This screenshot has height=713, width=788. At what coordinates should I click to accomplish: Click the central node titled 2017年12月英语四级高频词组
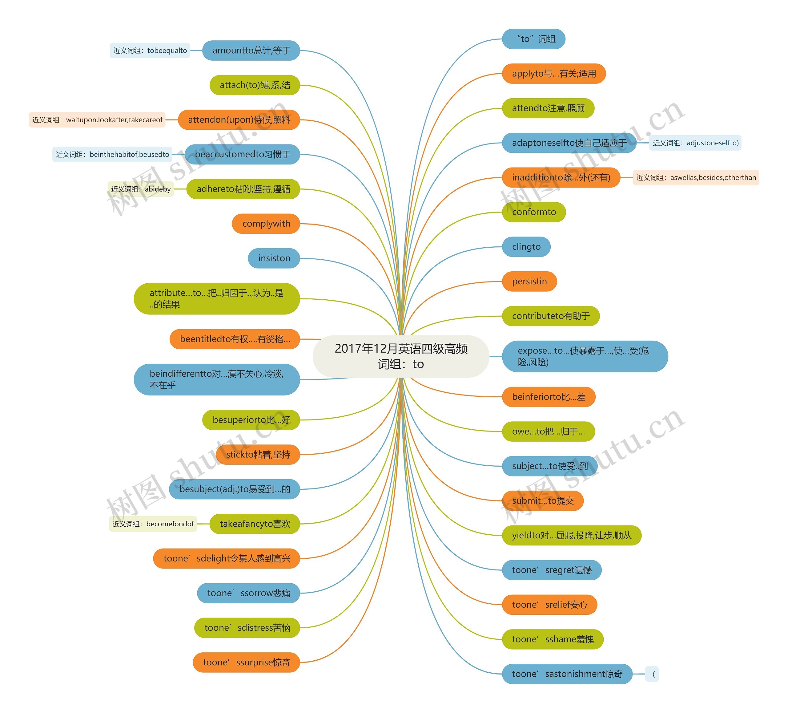[x=401, y=356]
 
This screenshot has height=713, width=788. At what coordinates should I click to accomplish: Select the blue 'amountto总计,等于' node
[x=251, y=51]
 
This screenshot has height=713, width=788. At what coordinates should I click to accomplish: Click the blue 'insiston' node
[x=274, y=258]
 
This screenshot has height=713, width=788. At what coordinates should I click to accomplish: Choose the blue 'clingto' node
[x=526, y=247]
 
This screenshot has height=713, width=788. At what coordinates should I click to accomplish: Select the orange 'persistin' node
[x=529, y=281]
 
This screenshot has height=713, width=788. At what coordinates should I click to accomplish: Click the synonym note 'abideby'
[x=141, y=189]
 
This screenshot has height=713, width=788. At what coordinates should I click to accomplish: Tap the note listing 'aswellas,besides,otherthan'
[x=696, y=178]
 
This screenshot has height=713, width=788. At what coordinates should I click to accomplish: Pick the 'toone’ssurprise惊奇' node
[x=246, y=662]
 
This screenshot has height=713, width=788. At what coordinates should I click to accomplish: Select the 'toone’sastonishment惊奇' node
[x=567, y=674]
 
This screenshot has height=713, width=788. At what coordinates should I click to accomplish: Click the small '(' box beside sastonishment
[x=652, y=674]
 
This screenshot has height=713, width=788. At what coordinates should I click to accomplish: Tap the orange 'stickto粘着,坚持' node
[x=258, y=455]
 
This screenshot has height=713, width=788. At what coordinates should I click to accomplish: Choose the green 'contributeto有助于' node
[x=550, y=316]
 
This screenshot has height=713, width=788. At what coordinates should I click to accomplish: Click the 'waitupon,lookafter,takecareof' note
[x=97, y=120]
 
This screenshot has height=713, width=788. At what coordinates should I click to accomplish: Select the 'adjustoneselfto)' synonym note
[x=695, y=143]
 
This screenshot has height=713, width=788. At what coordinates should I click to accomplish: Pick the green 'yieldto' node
[x=572, y=535]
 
